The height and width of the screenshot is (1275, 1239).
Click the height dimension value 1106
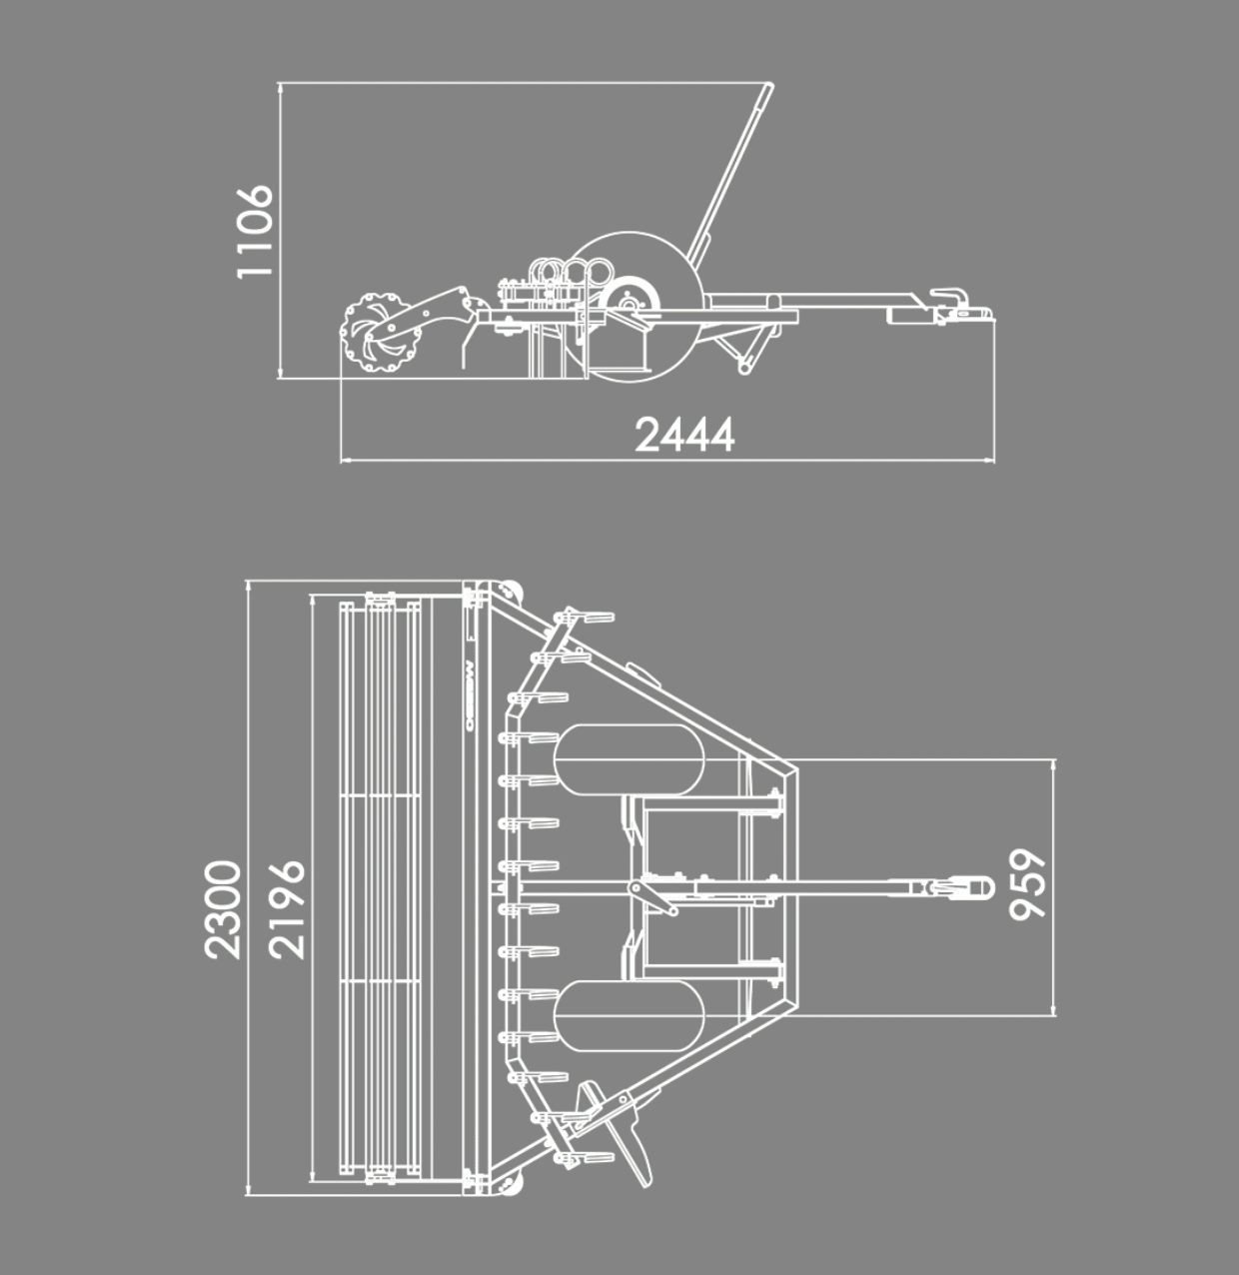pos(254,232)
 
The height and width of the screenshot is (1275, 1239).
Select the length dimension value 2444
pos(684,435)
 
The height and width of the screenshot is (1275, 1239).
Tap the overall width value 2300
pos(223,910)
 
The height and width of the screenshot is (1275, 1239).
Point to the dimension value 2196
pos(287,910)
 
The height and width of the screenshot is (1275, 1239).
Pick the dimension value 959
pos(1027,885)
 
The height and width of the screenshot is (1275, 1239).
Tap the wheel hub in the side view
pos(629,304)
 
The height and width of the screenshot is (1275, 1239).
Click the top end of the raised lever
pos(769,85)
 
